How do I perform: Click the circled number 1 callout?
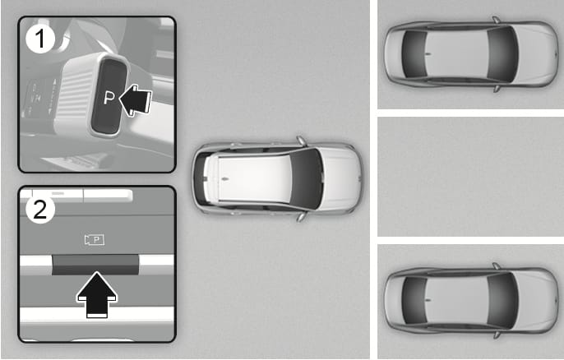pos(40,39)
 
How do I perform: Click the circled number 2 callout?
pos(40,209)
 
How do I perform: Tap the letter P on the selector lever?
pos(109,98)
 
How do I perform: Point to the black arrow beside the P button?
pos(135,100)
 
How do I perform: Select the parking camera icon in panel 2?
pos(95,239)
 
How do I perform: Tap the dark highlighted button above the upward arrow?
pos(95,265)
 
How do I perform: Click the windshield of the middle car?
pos(307,178)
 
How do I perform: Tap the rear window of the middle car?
pos(201,178)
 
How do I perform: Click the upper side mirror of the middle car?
pos(302,141)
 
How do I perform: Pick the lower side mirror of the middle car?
pos(302,216)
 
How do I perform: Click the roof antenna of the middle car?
pos(225,178)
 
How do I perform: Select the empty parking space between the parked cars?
pos(470,176)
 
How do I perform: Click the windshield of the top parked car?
pos(502,54)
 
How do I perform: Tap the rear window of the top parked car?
pos(414,54)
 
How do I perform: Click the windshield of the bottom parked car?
pos(502,300)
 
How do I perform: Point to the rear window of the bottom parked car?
pos(414,300)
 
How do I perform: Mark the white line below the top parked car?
pos(470,113)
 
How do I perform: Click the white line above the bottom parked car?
pos(470,240)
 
